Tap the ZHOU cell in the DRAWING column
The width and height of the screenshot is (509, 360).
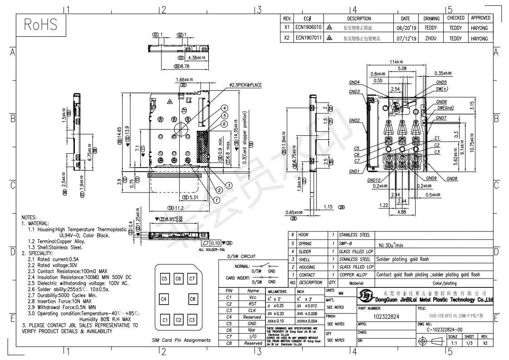click(431, 39)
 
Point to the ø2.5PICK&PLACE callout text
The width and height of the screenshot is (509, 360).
click(245, 85)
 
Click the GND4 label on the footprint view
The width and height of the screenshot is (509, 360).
click(354, 83)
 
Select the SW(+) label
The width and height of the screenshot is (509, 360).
click(442, 89)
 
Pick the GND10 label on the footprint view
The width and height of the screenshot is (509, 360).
click(374, 180)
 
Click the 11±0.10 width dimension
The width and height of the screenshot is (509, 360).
click(396, 62)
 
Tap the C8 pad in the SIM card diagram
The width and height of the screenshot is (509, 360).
click(192, 299)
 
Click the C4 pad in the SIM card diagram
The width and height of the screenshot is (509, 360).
click(165, 299)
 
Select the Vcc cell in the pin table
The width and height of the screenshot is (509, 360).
click(253, 297)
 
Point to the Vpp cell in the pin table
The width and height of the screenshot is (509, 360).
click(253, 330)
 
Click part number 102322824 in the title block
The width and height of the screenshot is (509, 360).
click(386, 316)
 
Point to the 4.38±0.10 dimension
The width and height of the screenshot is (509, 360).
click(196, 58)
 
